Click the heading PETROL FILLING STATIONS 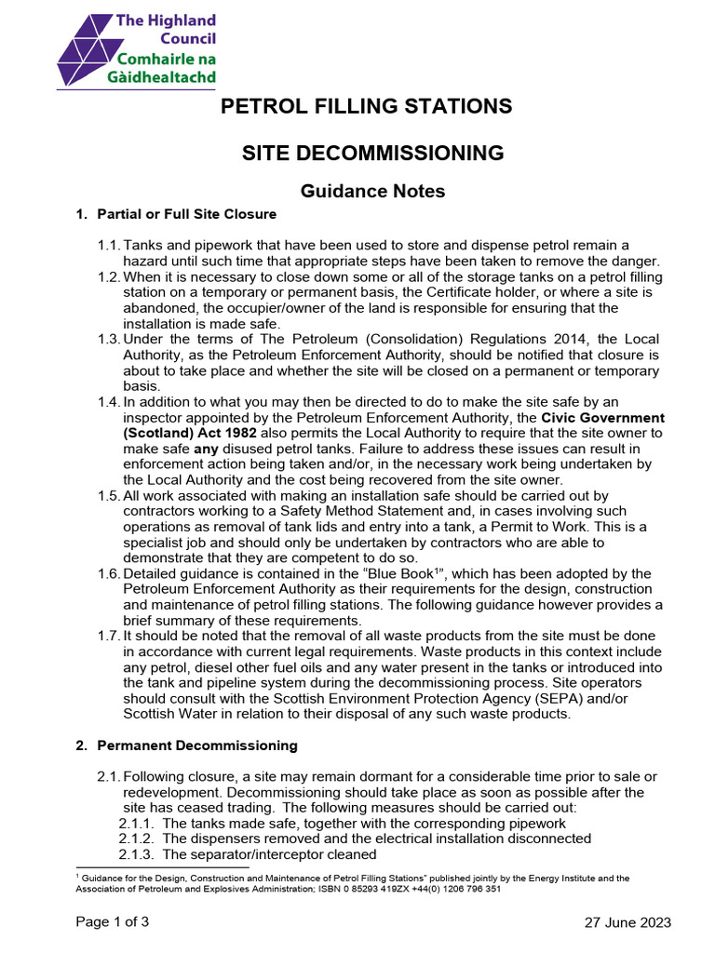coord(366,106)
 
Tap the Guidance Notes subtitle coord(359,191)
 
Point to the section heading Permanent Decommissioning coord(197,745)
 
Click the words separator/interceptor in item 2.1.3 coord(248,854)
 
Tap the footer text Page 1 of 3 coord(112,922)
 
